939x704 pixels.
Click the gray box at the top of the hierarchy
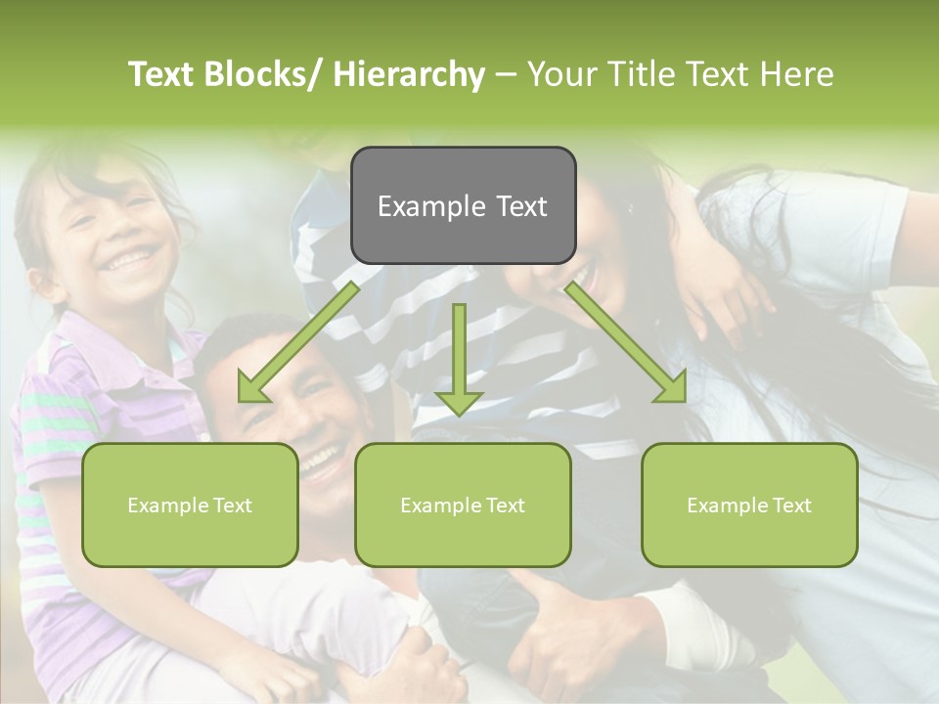[463, 205]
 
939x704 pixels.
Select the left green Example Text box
[190, 505]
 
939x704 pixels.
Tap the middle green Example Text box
[463, 505]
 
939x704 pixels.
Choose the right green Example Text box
[749, 505]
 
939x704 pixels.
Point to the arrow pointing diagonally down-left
[298, 342]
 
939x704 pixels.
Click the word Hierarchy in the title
[409, 74]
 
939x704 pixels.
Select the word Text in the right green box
[790, 506]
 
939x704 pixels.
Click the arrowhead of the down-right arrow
[673, 389]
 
